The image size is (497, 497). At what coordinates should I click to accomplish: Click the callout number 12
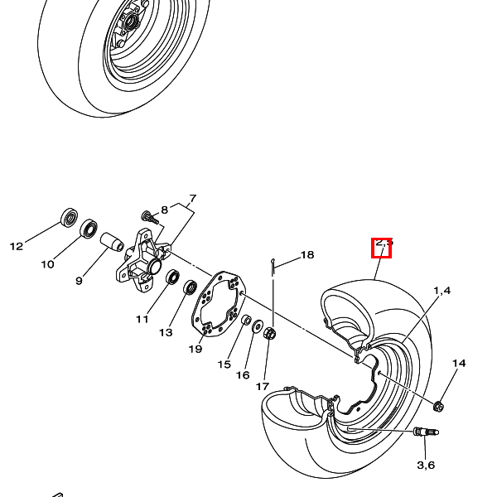click(x=17, y=246)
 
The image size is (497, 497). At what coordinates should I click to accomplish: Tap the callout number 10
click(x=47, y=264)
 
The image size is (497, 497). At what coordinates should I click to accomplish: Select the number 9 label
click(x=79, y=281)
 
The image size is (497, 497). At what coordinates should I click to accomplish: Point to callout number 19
click(x=195, y=349)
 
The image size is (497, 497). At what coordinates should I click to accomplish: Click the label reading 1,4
click(x=442, y=291)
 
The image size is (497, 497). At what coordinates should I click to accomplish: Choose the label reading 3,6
click(x=426, y=465)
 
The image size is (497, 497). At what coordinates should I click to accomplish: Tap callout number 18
click(x=307, y=255)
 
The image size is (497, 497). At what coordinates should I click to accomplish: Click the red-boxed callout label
click(x=382, y=246)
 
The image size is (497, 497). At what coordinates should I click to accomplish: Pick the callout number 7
click(x=192, y=199)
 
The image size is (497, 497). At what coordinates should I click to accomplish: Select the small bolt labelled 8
click(x=149, y=219)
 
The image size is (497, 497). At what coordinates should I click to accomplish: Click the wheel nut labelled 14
click(x=439, y=405)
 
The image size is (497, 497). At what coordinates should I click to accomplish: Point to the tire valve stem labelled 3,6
click(x=427, y=432)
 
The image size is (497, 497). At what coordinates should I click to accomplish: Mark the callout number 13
click(x=166, y=332)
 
